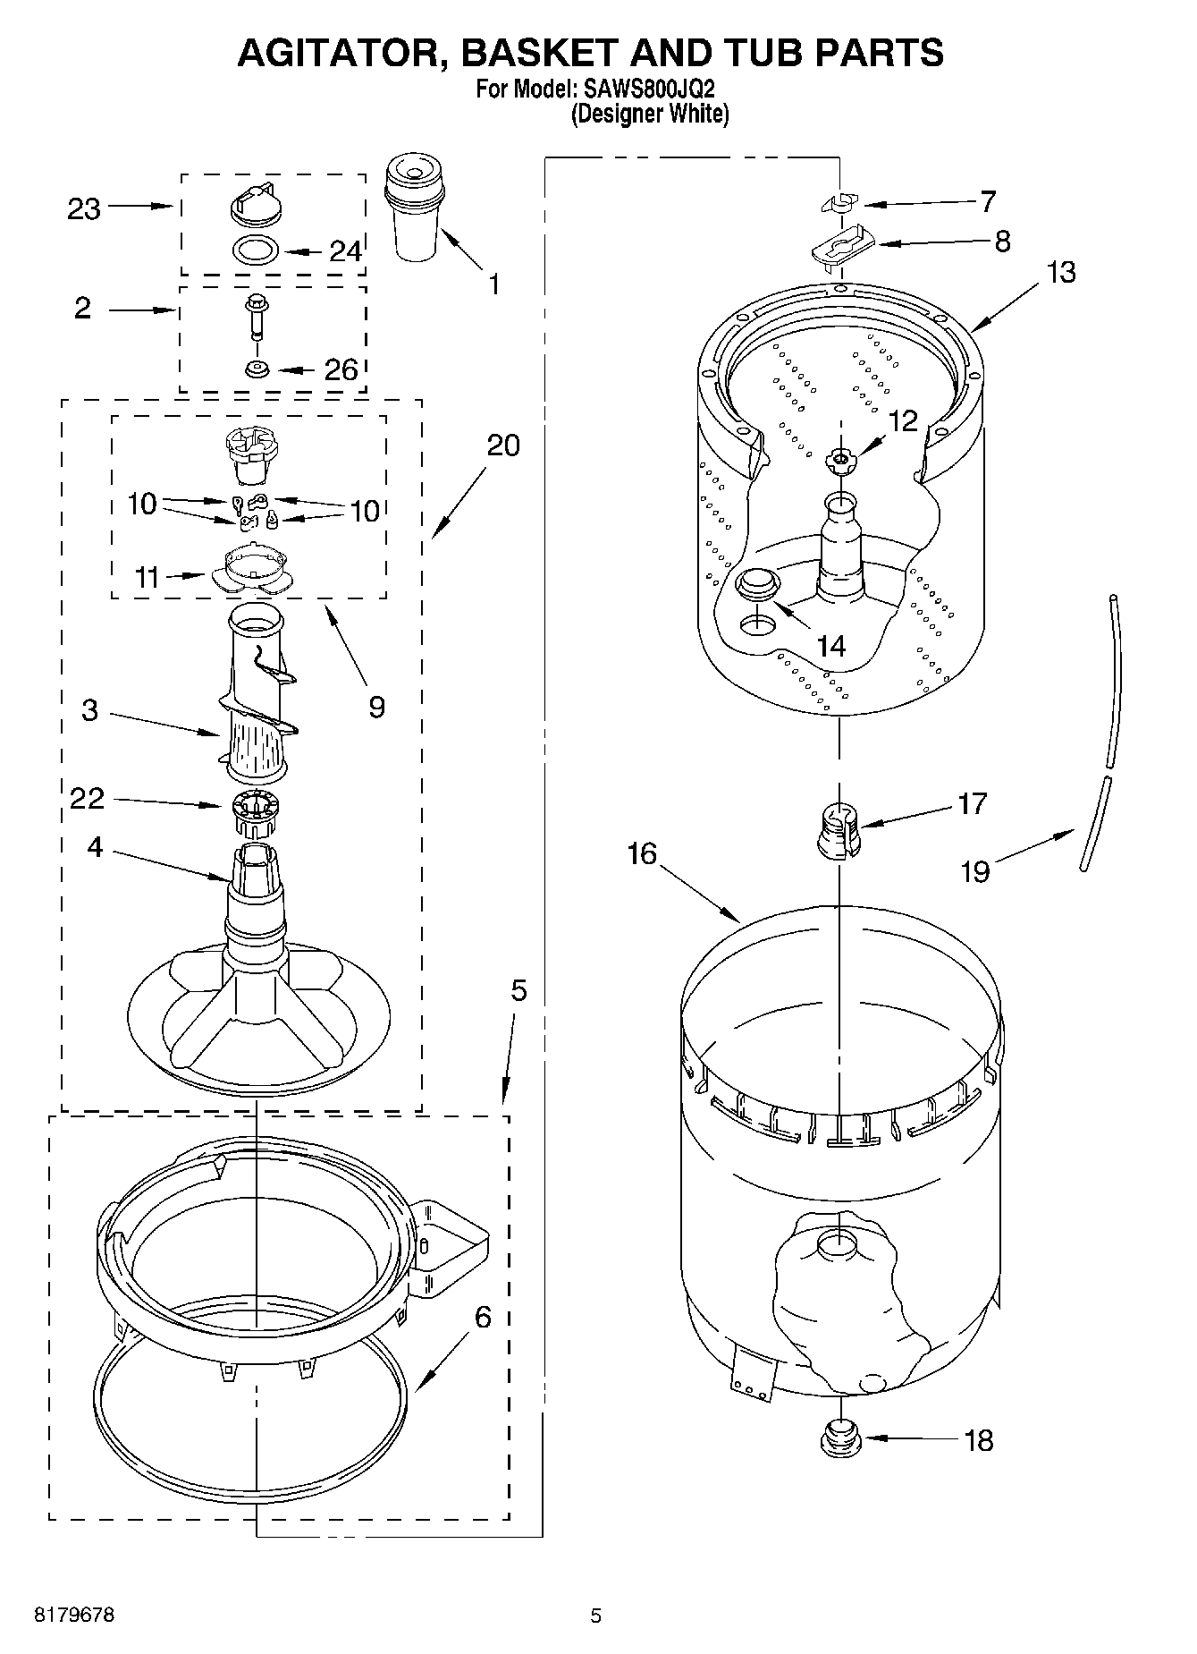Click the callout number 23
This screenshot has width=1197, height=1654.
coord(84,209)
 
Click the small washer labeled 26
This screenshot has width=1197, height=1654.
coord(257,368)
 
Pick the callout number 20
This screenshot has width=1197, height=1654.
coord(503,445)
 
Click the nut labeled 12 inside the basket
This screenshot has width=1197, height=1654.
coord(839,460)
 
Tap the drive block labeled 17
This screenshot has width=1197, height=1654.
coord(839,829)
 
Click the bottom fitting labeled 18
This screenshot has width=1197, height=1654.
coord(839,1438)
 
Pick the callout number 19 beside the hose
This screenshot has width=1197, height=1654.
coord(975,870)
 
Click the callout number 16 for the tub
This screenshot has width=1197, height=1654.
coord(642,854)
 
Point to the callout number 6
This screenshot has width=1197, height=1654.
coord(483,1317)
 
